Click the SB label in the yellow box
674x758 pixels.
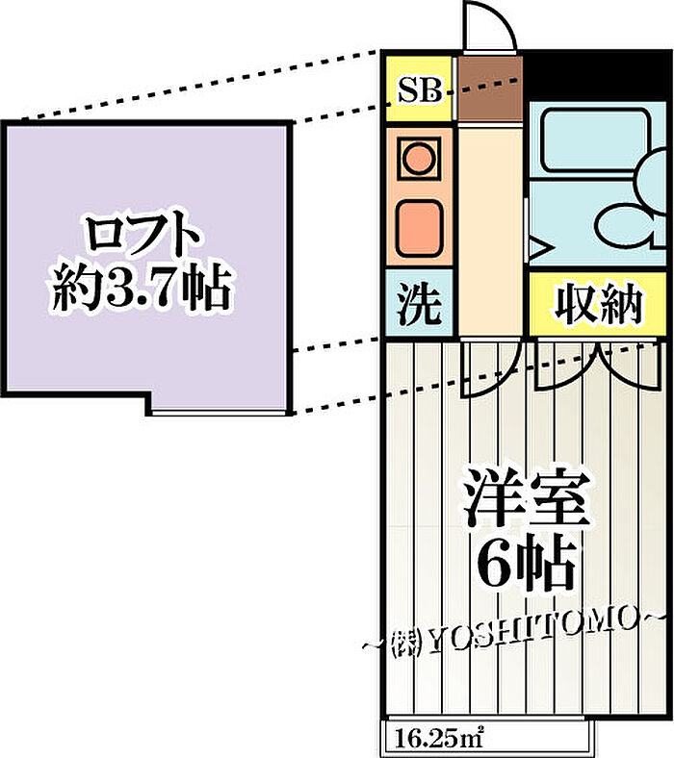tap(420, 90)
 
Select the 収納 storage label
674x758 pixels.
tap(599, 306)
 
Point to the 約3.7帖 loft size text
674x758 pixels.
tap(141, 290)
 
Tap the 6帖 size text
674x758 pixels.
tap(526, 561)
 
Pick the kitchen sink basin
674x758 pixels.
tap(419, 228)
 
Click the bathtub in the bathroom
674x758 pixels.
tap(595, 140)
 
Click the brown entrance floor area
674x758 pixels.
tap(490, 88)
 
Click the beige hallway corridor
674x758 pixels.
tap(490, 231)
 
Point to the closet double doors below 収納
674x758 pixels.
tap(598, 365)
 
